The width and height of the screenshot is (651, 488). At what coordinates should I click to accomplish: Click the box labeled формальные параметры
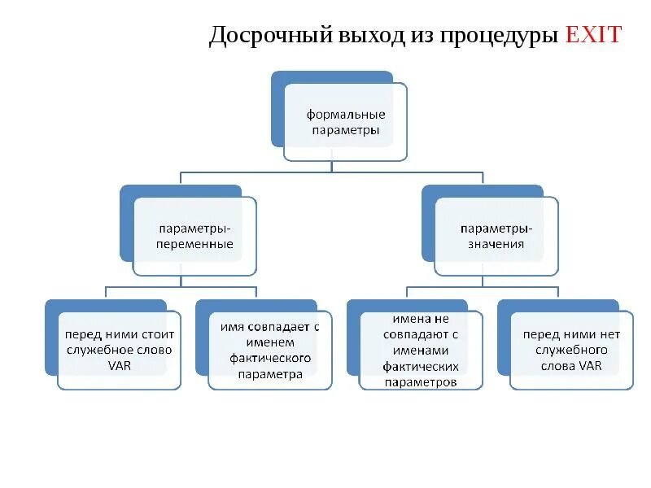click(345, 122)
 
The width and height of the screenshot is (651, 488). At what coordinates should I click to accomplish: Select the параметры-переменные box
click(195, 236)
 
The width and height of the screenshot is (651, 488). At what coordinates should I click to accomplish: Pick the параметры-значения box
click(496, 236)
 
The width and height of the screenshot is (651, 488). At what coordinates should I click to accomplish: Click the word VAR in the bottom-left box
click(120, 365)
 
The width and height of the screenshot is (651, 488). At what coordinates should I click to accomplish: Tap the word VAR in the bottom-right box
click(591, 365)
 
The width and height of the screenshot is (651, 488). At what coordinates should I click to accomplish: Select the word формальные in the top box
click(345, 115)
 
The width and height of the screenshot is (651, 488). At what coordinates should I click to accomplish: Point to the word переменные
click(195, 244)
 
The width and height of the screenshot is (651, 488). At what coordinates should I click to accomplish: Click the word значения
click(496, 244)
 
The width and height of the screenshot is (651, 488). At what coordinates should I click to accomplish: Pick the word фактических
click(420, 367)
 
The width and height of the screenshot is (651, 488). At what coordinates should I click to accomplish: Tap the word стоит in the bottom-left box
click(159, 334)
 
